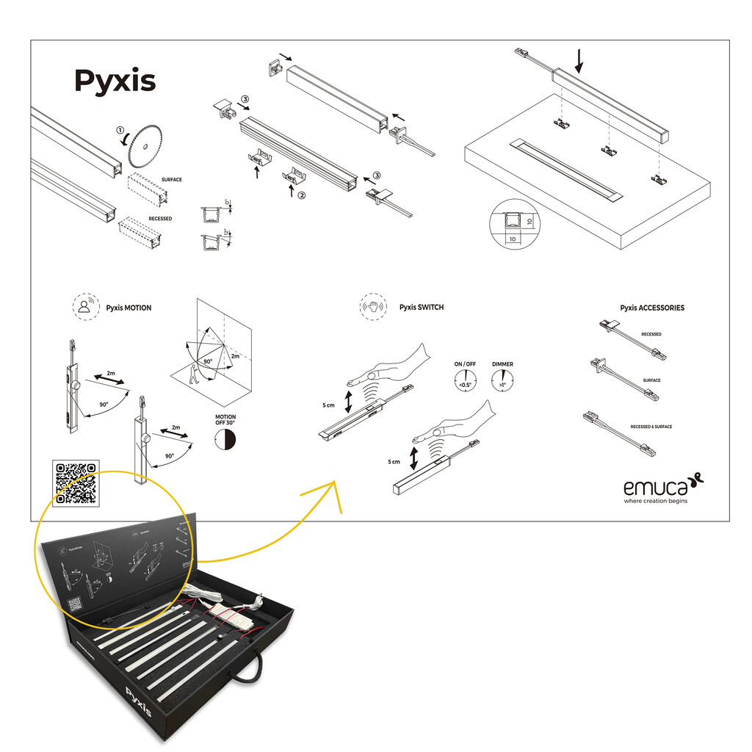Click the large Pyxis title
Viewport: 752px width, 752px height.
coord(115,80)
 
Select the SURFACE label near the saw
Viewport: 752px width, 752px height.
coord(171,180)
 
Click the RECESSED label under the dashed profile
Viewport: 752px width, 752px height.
coord(160,219)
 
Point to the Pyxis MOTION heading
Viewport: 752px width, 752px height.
coord(129,308)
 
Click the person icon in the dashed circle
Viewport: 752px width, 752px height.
coord(87,306)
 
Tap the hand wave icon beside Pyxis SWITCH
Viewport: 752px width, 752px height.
coord(373,306)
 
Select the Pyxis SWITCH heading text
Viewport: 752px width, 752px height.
coord(422,308)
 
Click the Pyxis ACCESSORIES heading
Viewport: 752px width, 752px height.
coord(651,308)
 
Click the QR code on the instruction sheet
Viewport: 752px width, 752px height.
coord(76,482)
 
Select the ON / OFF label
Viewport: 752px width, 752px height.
coord(465,364)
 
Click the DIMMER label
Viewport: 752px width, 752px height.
coord(503,364)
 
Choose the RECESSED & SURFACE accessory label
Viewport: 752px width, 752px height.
coord(651,427)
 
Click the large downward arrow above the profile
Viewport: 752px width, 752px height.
coord(579,60)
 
